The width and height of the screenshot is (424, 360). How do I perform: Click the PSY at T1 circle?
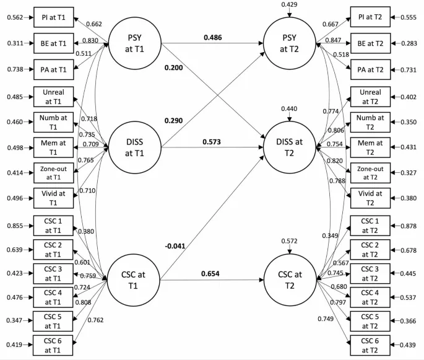[134, 44]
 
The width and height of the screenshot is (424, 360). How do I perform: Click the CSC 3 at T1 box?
[53, 272]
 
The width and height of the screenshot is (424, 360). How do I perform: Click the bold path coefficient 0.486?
[214, 37]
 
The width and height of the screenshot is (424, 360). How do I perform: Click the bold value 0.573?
[214, 143]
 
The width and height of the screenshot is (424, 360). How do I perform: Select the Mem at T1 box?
[53, 147]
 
